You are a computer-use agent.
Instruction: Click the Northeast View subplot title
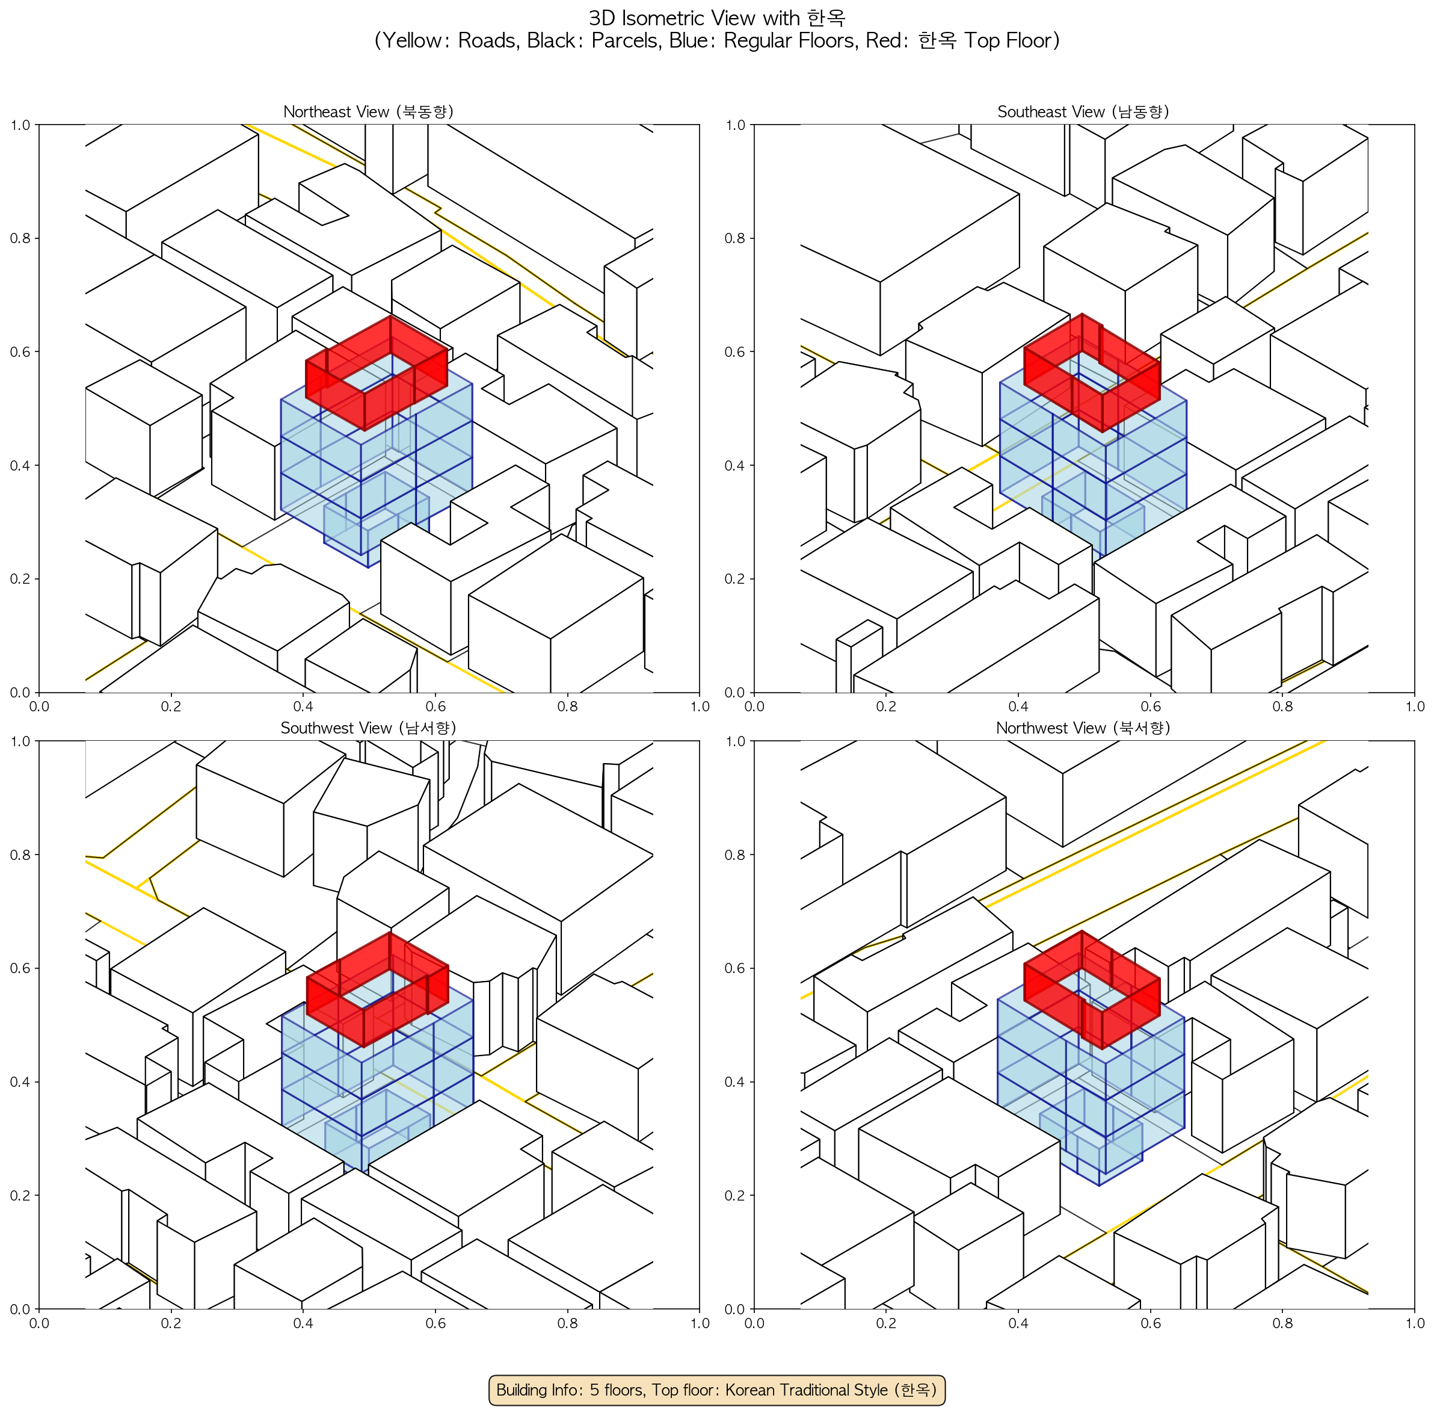(369, 111)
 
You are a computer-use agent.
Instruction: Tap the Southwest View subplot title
(369, 728)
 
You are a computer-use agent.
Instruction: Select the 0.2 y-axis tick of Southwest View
(20, 1196)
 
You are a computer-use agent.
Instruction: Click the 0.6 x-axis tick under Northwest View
(1150, 1323)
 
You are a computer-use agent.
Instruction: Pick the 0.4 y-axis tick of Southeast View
(736, 466)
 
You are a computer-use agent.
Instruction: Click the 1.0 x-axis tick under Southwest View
(700, 1323)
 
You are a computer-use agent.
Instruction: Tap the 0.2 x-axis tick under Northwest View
(886, 1323)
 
